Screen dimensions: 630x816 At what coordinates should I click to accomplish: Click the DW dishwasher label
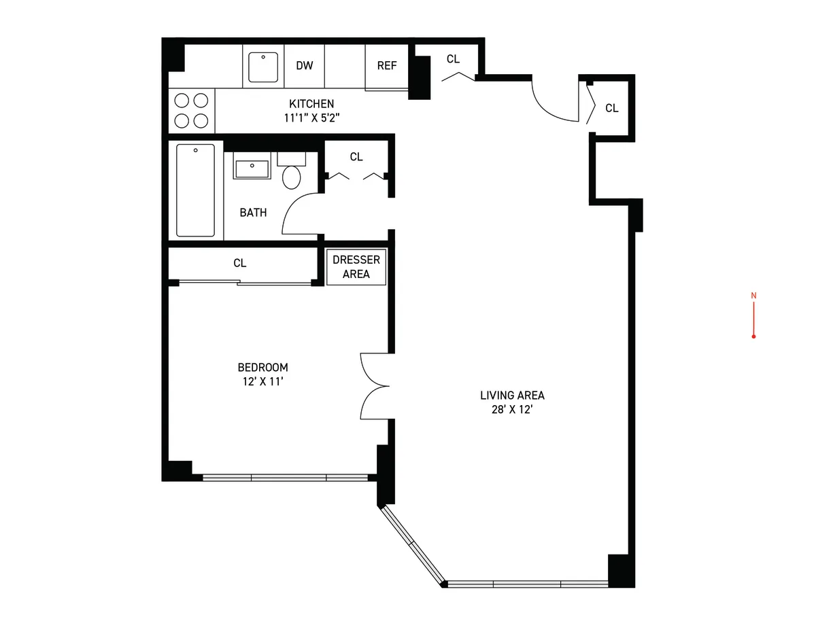[304, 65]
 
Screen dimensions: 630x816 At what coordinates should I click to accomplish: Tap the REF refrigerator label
[387, 65]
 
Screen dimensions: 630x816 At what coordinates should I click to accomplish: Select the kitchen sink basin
[262, 67]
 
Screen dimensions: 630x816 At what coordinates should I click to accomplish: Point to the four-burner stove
[191, 111]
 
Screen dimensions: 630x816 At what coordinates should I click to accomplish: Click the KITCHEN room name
[311, 104]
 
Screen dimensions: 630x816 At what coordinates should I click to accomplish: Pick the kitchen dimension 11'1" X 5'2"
[311, 118]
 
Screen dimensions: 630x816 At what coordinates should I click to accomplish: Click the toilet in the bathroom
[292, 174]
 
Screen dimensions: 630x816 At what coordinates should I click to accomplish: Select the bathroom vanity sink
[252, 167]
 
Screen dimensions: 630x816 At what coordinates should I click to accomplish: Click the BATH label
[253, 213]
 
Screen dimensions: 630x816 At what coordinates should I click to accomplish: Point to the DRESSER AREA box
[356, 267]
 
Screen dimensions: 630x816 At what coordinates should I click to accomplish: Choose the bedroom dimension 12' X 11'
[262, 381]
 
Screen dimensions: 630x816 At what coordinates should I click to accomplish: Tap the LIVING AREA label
[512, 395]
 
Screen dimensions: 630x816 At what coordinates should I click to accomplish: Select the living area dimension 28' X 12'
[512, 410]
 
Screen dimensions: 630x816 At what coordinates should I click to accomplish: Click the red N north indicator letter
[753, 296]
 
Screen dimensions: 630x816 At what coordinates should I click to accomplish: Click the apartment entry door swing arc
[552, 102]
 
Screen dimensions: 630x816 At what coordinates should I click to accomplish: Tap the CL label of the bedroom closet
[239, 263]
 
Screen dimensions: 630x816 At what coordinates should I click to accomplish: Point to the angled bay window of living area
[411, 544]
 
